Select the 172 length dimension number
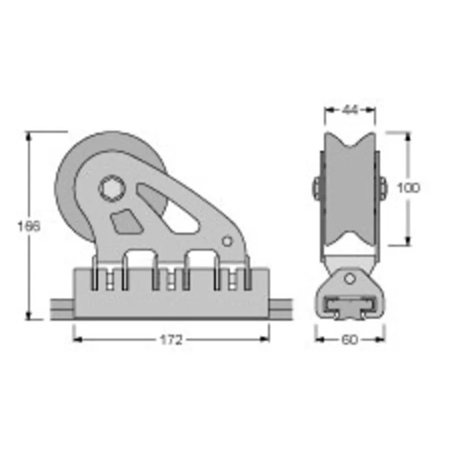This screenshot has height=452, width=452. tap(171, 340)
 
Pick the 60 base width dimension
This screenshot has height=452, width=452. tap(350, 340)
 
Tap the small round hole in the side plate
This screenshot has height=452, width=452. tap(227, 241)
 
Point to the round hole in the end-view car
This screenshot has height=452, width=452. tap(350, 278)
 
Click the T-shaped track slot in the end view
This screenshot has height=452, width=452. tap(350, 308)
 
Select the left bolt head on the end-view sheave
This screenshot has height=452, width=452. tap(315, 187)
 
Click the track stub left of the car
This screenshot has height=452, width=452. tap(63, 309)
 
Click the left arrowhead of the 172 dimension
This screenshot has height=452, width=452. tap(77, 340)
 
